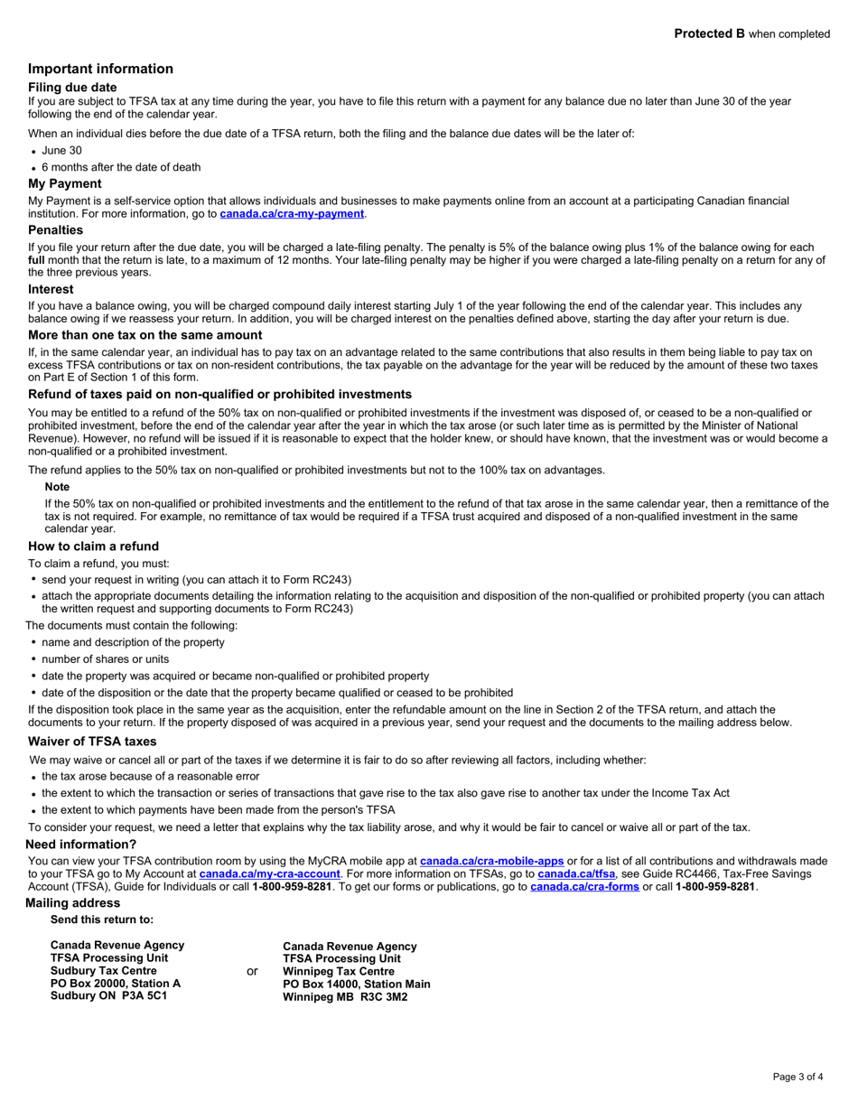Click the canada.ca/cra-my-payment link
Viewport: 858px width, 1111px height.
[x=292, y=214]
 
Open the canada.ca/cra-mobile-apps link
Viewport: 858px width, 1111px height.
[x=492, y=862]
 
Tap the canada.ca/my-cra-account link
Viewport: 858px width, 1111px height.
[x=270, y=874]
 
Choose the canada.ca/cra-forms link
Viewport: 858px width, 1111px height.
[x=584, y=887]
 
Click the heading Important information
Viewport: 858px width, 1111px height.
[x=100, y=69]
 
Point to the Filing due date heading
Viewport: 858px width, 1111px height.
[x=72, y=88]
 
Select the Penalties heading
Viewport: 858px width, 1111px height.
[x=55, y=230]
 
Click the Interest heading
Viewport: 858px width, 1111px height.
[x=51, y=290]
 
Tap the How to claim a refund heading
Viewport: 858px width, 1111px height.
[x=93, y=546]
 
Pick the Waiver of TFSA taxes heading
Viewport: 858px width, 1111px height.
[x=92, y=742]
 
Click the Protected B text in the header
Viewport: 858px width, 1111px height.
[x=709, y=33]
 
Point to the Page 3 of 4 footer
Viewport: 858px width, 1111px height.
[x=797, y=1077]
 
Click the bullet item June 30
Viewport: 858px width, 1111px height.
[x=61, y=151]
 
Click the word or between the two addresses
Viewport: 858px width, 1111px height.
[x=252, y=971]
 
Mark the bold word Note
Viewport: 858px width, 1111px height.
[x=57, y=487]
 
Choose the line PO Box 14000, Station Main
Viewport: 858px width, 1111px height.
[x=357, y=984]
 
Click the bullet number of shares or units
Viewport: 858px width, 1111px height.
[x=105, y=659]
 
